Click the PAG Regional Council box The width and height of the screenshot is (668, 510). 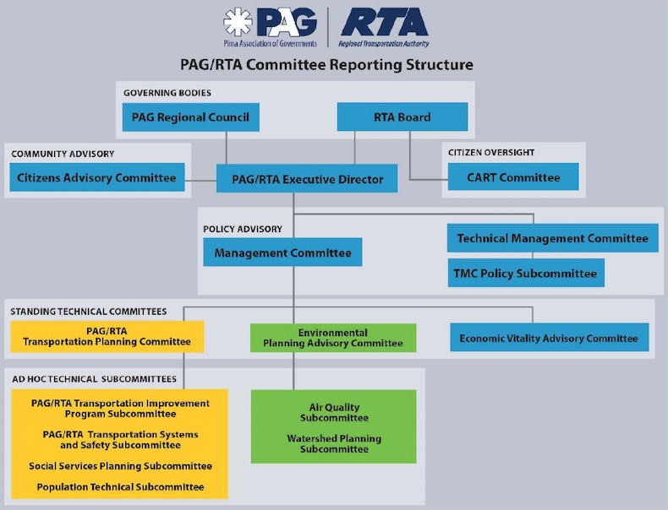pyautogui.click(x=190, y=117)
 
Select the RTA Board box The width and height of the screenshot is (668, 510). pyautogui.click(x=402, y=117)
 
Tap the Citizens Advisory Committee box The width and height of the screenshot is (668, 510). pyautogui.click(x=97, y=178)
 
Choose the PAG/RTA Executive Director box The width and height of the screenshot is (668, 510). pyautogui.click(x=306, y=179)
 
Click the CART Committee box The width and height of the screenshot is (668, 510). pyautogui.click(x=513, y=177)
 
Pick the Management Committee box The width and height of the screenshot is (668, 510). pyautogui.click(x=282, y=252)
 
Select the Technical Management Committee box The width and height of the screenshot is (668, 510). pyautogui.click(x=552, y=238)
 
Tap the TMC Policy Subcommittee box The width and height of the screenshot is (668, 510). pyautogui.click(x=525, y=273)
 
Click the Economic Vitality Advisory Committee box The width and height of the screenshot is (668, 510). pyautogui.click(x=549, y=338)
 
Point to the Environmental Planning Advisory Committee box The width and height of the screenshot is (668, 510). pyautogui.click(x=332, y=338)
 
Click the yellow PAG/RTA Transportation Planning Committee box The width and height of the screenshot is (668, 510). pyautogui.click(x=107, y=336)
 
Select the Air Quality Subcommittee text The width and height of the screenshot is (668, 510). pyautogui.click(x=334, y=413)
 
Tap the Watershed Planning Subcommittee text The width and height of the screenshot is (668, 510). pyautogui.click(x=334, y=444)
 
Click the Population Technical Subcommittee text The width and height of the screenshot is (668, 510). pyautogui.click(x=120, y=487)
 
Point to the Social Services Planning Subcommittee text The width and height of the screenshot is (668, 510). pyautogui.click(x=120, y=466)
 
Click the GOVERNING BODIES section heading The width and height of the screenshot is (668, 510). pyautogui.click(x=167, y=92)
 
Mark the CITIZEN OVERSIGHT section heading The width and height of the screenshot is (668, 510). pyautogui.click(x=491, y=153)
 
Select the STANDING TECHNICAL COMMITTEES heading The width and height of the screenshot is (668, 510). pyautogui.click(x=89, y=312)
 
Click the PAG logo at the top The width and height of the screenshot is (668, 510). pyautogui.click(x=271, y=27)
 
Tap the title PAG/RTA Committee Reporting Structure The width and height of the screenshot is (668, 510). pyautogui.click(x=326, y=65)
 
